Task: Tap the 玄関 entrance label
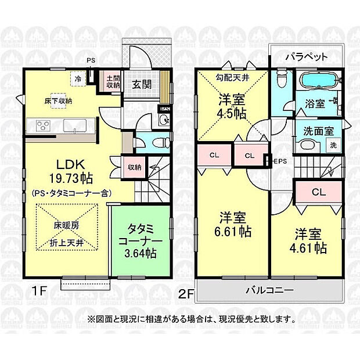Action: [142, 84]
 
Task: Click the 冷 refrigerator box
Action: [77, 77]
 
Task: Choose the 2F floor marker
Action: [186, 294]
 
